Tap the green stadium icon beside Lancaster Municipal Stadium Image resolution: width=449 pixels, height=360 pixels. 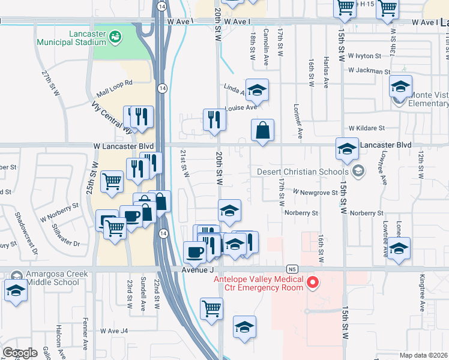pos(114,38)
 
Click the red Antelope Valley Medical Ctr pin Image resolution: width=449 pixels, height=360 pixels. pos(312,282)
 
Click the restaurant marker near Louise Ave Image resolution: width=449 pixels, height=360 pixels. pos(214,119)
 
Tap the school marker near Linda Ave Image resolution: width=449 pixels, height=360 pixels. pos(257,90)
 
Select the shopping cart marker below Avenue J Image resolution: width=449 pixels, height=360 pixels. pos(211,308)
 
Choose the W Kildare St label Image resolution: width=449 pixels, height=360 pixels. pos(366,128)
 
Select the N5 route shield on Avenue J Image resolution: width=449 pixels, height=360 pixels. pos(292,269)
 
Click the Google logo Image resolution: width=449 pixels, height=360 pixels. pos(20,353)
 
